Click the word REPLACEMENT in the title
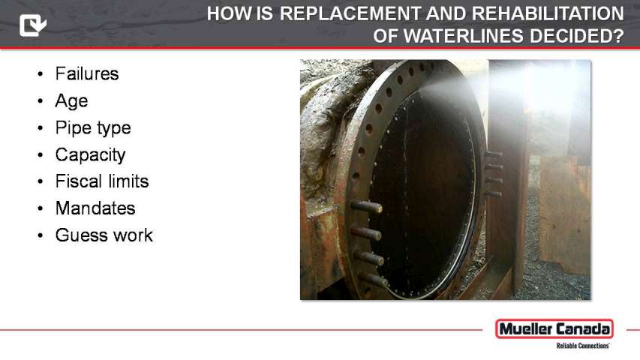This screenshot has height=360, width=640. point(350,13)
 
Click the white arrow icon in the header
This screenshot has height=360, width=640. point(33,25)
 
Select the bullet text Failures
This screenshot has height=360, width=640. point(87,74)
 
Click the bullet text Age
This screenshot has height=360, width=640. point(71,101)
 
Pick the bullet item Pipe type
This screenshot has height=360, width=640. point(93,128)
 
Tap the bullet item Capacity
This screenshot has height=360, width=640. point(90,155)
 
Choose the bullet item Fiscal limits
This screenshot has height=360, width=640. point(102,181)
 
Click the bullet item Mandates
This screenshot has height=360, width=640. point(95,208)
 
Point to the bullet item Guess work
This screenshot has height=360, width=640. point(104,235)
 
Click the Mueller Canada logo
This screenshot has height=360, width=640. point(554,329)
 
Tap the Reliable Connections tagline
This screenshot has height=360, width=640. point(582,346)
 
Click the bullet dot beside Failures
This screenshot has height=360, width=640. point(40,74)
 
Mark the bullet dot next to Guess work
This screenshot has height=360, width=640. point(40,235)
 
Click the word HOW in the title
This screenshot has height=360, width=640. point(230,13)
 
